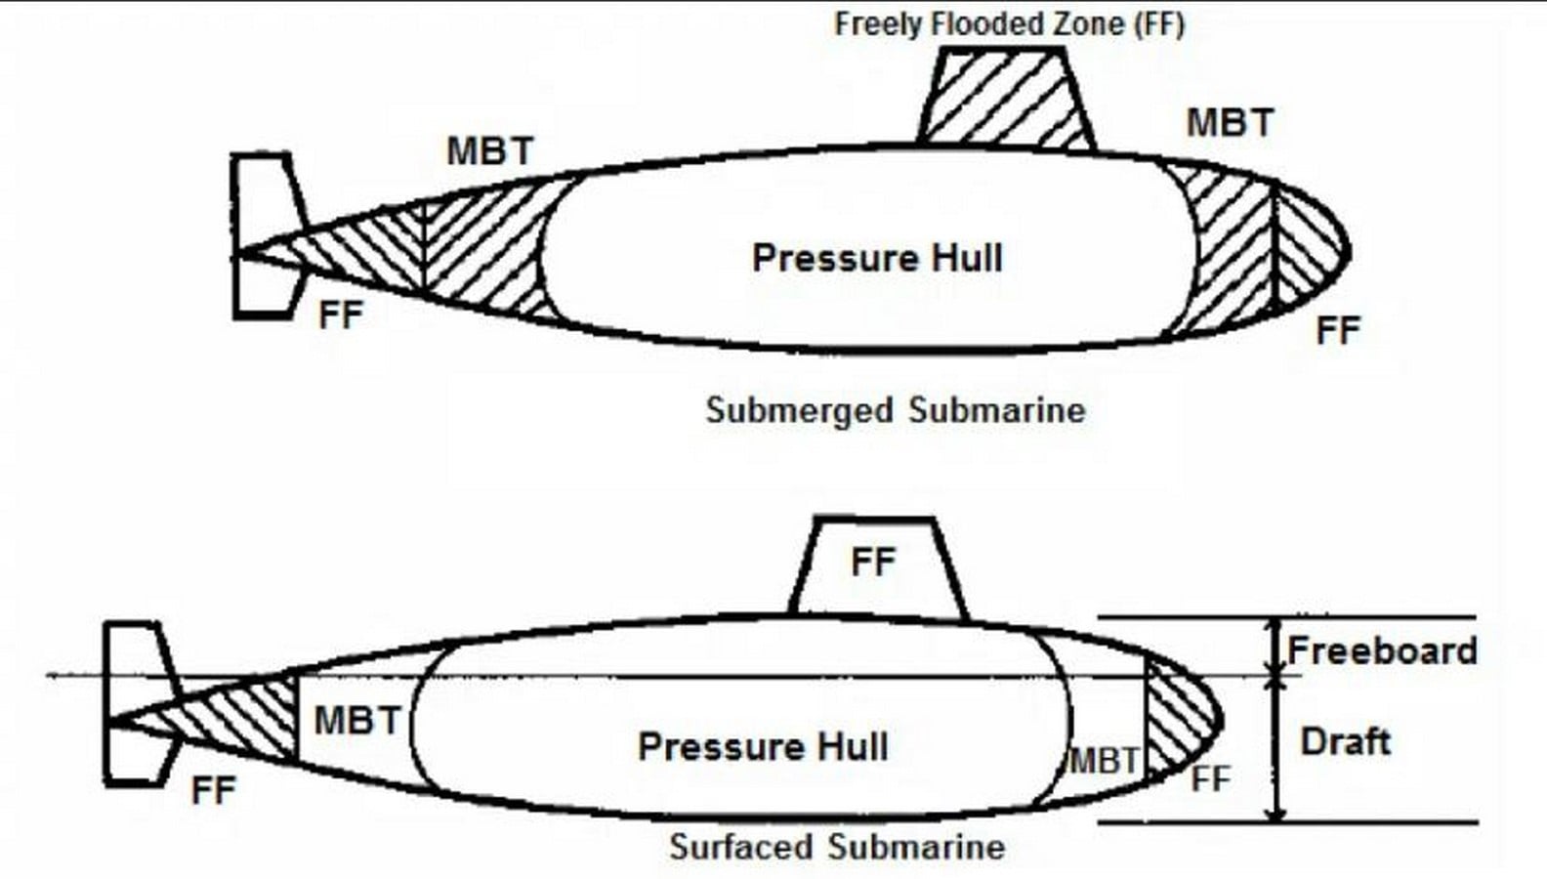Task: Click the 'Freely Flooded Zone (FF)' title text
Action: coord(1009,24)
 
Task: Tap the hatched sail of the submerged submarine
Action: coord(1006,97)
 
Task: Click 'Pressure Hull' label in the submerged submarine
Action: coord(877,258)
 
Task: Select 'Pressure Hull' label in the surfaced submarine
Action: coord(763,746)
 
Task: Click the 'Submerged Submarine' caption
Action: coord(896,410)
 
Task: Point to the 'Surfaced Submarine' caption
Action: coord(837,847)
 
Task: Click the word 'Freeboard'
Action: coord(1382,650)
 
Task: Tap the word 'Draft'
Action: coord(1346,741)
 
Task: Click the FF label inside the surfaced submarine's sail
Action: coord(874,562)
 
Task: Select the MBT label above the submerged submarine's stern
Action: coord(490,151)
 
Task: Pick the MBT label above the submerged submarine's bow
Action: coord(1230,123)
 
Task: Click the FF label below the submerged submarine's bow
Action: coord(1338,330)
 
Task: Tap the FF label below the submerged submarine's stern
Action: coord(341,314)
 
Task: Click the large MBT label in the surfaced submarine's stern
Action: coord(357,720)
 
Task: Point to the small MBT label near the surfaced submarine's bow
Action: coord(1104,762)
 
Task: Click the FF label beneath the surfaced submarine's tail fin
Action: coord(214,790)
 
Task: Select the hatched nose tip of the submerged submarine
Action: coord(1309,249)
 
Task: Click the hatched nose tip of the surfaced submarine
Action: coord(1180,718)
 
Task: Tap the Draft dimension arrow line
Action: coord(1277,749)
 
